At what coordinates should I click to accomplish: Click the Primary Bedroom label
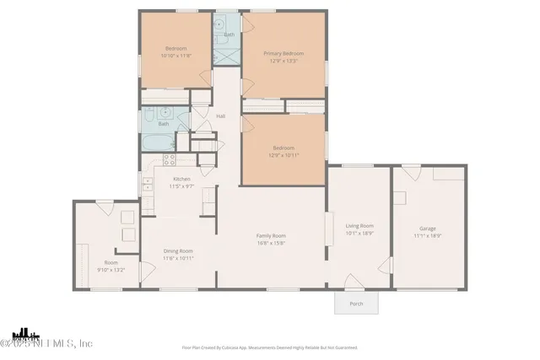point(283,53)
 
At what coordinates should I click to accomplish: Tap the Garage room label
point(428,228)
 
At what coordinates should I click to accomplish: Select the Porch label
point(356,304)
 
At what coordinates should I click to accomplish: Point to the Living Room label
point(359,225)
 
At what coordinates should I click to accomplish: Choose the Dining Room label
point(178,250)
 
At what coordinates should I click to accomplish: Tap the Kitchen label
point(182,179)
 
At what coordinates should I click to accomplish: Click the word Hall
point(221,116)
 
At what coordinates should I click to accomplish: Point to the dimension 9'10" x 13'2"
point(111,270)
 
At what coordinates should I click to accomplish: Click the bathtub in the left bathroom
point(157,141)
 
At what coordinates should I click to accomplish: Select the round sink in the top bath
point(220,23)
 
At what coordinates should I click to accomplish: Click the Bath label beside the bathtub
point(164,124)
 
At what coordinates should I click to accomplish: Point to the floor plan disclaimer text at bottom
point(270,347)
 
